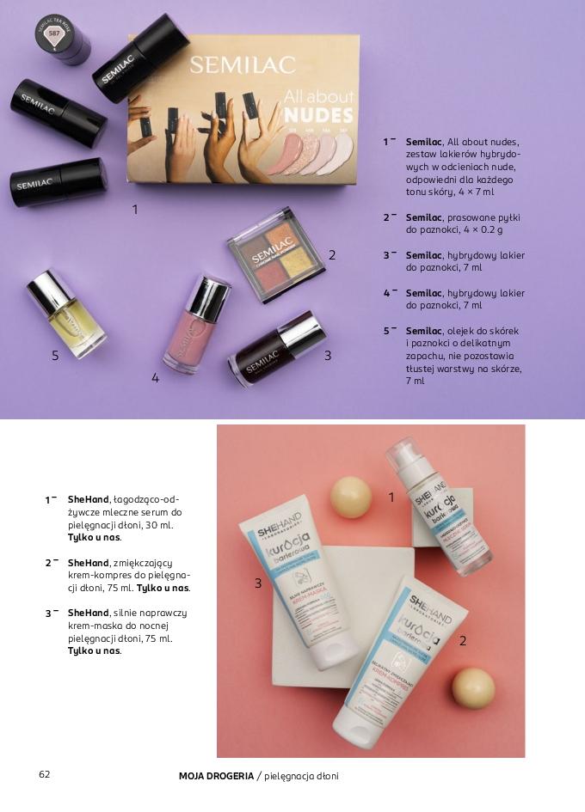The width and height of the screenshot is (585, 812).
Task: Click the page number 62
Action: [x=45, y=774]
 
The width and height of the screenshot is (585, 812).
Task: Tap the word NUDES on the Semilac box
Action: [x=318, y=115]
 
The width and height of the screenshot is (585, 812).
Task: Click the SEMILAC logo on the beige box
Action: [x=243, y=65]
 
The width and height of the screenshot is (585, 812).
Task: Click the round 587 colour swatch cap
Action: [x=54, y=34]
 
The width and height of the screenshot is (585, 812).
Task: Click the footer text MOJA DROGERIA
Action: [x=216, y=776]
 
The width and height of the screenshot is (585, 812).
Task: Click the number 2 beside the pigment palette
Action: [x=332, y=254]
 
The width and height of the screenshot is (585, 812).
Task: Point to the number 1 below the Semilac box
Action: [x=134, y=209]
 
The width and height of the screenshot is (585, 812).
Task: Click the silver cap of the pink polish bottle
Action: [x=208, y=296]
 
